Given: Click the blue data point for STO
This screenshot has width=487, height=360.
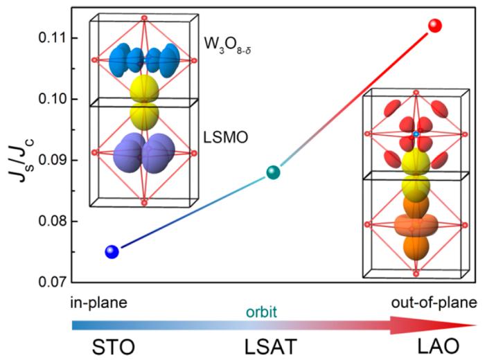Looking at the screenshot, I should [x=112, y=252].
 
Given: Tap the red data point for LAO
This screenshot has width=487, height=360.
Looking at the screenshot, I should [x=435, y=26].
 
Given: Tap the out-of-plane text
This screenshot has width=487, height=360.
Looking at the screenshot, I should [x=435, y=303].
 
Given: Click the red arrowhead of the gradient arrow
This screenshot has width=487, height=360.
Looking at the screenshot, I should [x=453, y=324].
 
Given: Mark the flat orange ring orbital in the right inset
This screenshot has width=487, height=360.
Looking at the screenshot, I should [x=414, y=226].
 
